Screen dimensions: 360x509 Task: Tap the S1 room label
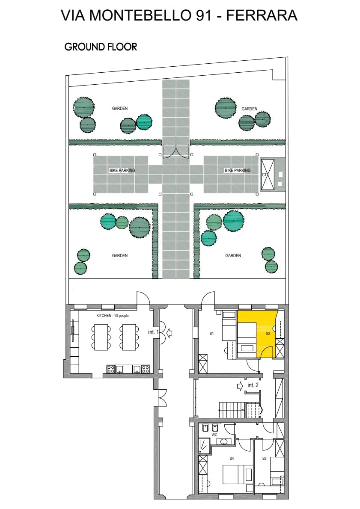click(x=211, y=333)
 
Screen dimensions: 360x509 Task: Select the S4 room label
click(x=232, y=459)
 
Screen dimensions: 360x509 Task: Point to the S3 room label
click(x=264, y=459)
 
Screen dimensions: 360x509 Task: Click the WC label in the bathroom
click(x=214, y=435)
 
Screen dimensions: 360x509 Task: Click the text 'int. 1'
click(x=153, y=332)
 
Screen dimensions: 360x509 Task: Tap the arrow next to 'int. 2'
click(x=240, y=386)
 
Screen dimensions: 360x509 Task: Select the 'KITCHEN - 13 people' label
click(x=113, y=316)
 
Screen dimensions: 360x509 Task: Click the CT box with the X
click(x=268, y=175)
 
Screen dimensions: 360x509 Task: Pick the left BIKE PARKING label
click(x=122, y=170)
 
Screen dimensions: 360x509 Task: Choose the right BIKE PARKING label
click(x=238, y=170)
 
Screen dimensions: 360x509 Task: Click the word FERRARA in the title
click(x=262, y=15)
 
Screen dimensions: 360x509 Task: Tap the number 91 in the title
click(x=203, y=15)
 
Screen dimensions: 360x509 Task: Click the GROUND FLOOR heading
click(x=101, y=47)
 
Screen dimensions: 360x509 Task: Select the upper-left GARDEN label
click(x=120, y=108)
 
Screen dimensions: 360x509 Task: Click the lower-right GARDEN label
click(x=233, y=255)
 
